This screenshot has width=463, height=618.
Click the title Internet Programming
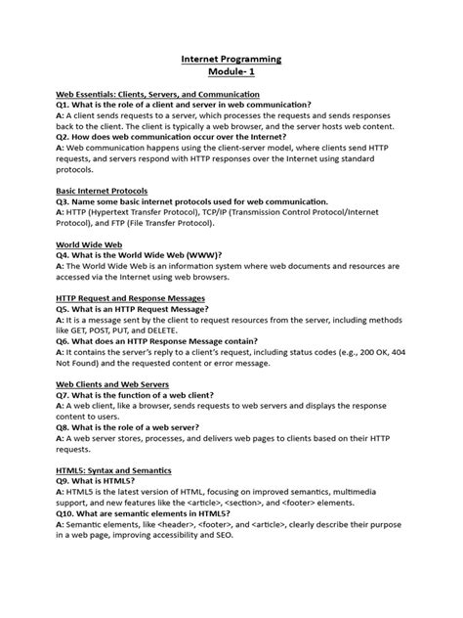(231, 59)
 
